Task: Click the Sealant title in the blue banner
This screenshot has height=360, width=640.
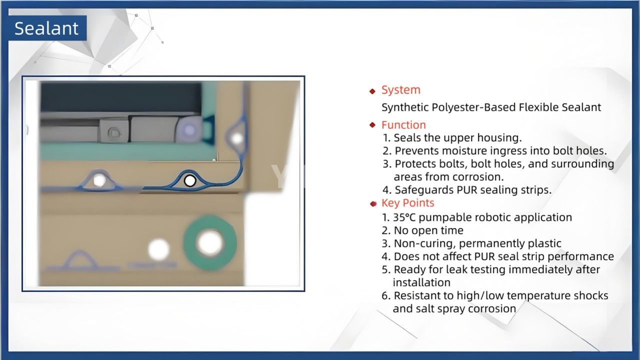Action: [x=46, y=28]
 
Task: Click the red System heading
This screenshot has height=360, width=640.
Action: [x=400, y=90]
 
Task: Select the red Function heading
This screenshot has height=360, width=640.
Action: [x=403, y=125]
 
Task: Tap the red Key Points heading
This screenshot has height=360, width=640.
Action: [x=407, y=203]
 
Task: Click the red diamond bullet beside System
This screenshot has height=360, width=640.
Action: [x=372, y=91]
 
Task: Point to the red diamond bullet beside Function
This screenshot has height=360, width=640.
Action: [x=372, y=125]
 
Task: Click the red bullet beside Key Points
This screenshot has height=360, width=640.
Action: [x=373, y=203]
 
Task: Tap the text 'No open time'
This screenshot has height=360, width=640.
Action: [x=428, y=230]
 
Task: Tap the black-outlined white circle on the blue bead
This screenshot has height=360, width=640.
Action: [x=189, y=180]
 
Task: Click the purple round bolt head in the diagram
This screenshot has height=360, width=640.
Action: [x=189, y=130]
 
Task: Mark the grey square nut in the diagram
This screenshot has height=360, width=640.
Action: [x=113, y=132]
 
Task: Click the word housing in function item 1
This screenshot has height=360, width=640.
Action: [x=500, y=137]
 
